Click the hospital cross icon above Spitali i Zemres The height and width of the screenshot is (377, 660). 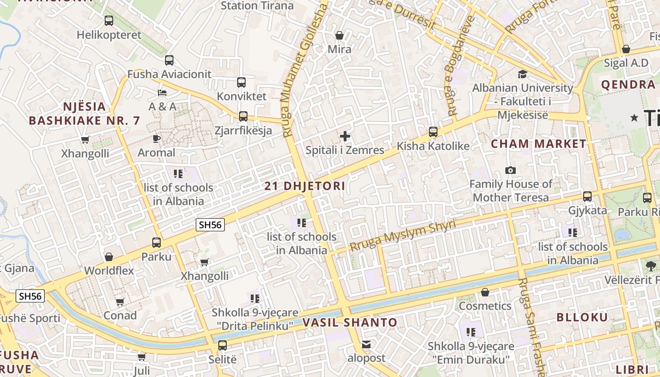(x=345, y=137)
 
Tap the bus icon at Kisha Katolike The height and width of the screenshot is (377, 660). (x=433, y=132)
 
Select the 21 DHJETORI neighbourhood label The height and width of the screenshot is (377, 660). (x=305, y=186)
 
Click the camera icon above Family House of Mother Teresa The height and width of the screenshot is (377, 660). (x=510, y=170)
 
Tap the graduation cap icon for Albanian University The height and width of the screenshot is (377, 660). (x=522, y=74)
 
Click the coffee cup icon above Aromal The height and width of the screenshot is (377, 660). (x=157, y=139)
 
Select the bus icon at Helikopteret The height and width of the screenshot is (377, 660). (x=109, y=21)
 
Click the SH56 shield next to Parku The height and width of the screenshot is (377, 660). (x=210, y=225)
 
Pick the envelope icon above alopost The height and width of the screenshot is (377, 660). (x=366, y=344)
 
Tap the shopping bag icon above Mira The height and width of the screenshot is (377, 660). (x=339, y=35)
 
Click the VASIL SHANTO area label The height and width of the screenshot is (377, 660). (x=350, y=323)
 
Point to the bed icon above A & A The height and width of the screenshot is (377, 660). (x=162, y=92)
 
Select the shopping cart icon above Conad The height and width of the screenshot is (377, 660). (x=120, y=302)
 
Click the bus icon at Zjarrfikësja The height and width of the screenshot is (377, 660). (x=243, y=116)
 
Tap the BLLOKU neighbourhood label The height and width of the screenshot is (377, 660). (x=582, y=317)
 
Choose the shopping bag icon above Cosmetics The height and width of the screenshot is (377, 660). (x=485, y=292)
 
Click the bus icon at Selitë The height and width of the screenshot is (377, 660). (x=223, y=345)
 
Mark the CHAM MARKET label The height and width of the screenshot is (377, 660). (x=539, y=144)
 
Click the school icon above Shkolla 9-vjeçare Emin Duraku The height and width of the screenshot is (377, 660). (x=470, y=332)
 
